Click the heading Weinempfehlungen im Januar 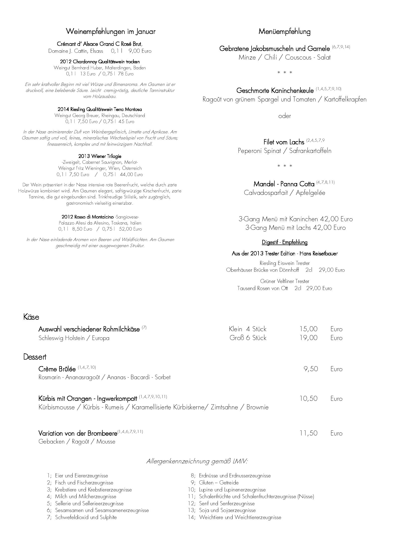110,32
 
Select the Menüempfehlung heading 284,32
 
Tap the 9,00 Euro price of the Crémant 140,51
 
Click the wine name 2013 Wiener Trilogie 100,156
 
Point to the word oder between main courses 284,116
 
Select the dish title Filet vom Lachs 284,142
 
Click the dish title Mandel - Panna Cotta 284,184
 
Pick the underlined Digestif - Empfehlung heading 284,242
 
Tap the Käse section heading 31,317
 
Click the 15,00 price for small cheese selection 308,329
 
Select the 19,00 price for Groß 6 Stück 308,338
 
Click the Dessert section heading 35,357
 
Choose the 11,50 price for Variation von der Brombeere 308,433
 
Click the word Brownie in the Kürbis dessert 257,407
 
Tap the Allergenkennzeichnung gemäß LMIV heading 197,461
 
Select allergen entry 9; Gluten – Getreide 215,483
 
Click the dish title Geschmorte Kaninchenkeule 275,90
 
